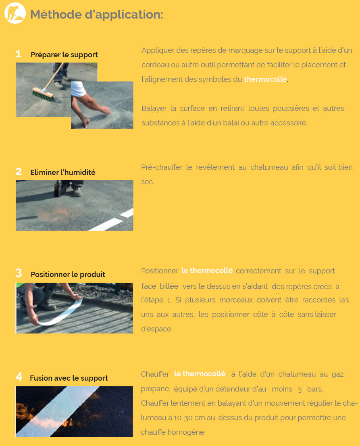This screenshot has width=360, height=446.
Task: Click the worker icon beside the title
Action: (x=15, y=13)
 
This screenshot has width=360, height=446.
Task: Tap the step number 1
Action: (x=19, y=54)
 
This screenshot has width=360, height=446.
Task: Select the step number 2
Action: (x=19, y=171)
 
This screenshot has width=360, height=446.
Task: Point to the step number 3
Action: (x=19, y=273)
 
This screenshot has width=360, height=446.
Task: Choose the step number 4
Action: (x=19, y=377)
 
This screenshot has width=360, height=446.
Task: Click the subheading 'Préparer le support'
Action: (x=64, y=54)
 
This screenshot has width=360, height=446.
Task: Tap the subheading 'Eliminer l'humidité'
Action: (x=63, y=172)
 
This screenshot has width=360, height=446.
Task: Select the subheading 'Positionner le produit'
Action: (x=68, y=275)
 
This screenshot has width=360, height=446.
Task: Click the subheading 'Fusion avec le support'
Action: (x=69, y=378)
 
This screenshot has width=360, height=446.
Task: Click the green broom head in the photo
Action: (x=43, y=94)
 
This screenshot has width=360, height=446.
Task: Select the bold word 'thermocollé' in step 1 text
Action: (x=265, y=79)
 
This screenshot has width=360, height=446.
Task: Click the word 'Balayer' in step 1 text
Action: (x=154, y=108)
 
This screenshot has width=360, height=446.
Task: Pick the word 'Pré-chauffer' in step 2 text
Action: (x=162, y=167)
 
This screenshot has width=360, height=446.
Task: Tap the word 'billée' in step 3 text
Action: (x=169, y=286)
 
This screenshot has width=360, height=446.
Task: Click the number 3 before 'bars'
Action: (x=300, y=390)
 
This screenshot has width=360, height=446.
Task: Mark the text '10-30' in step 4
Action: (x=183, y=418)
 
